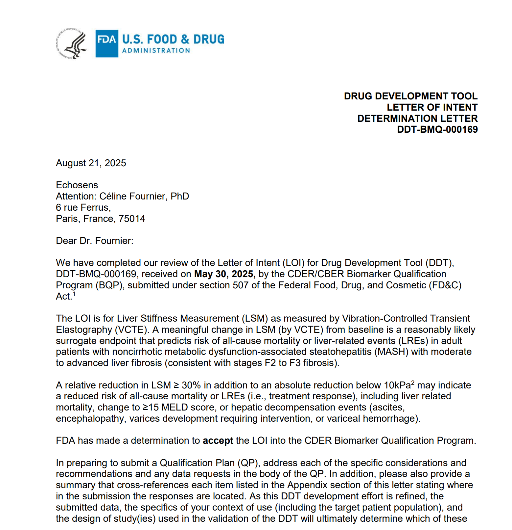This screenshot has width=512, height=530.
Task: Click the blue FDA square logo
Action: [x=107, y=43]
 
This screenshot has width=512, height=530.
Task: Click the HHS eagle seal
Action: [x=71, y=43]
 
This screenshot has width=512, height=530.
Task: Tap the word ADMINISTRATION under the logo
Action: [x=156, y=51]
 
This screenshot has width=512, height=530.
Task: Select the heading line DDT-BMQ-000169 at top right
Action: [x=437, y=129]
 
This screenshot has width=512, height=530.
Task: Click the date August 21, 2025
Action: [x=91, y=163]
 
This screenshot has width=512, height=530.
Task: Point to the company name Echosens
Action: [x=77, y=185]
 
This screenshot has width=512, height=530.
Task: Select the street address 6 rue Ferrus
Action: [x=83, y=207]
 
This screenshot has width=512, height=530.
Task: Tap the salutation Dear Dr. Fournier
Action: [x=95, y=241]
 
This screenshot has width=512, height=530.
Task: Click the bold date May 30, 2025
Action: [x=225, y=274]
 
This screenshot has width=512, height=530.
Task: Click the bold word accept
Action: [x=218, y=440]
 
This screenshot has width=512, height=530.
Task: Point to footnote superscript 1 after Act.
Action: [x=74, y=294]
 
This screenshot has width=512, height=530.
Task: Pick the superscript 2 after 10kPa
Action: [x=413, y=383]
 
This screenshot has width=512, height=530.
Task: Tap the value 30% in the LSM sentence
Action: [x=191, y=385]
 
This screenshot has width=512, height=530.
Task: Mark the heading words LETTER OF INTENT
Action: [x=432, y=107]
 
